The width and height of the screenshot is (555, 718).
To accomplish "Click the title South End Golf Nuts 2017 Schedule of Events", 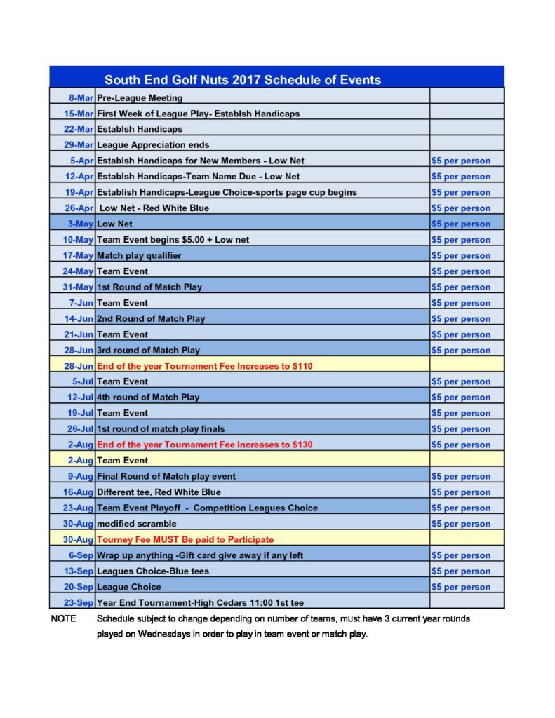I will click(242, 79).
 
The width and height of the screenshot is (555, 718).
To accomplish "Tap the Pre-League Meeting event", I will click(140, 97).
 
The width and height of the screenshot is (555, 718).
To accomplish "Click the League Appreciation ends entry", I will click(153, 145).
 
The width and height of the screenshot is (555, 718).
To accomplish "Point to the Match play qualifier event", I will click(139, 255).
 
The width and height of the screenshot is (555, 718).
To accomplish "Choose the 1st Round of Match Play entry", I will click(149, 287).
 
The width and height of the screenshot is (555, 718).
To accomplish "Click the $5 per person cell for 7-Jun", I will click(461, 303).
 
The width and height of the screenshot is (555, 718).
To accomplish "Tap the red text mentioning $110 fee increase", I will click(205, 365).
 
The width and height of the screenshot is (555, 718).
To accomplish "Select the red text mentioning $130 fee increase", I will click(205, 445).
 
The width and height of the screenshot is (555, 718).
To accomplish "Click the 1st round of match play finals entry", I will click(161, 428).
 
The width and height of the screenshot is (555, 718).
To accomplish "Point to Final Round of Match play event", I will click(166, 476).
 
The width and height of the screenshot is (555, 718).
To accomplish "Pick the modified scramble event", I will click(137, 524).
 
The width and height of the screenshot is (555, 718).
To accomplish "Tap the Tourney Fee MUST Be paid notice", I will click(185, 539).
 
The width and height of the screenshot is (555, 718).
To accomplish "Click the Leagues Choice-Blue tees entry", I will click(153, 571).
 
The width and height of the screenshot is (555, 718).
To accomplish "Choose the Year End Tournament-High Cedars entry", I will click(200, 602).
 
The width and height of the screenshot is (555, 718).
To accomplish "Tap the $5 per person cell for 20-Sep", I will click(461, 587).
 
